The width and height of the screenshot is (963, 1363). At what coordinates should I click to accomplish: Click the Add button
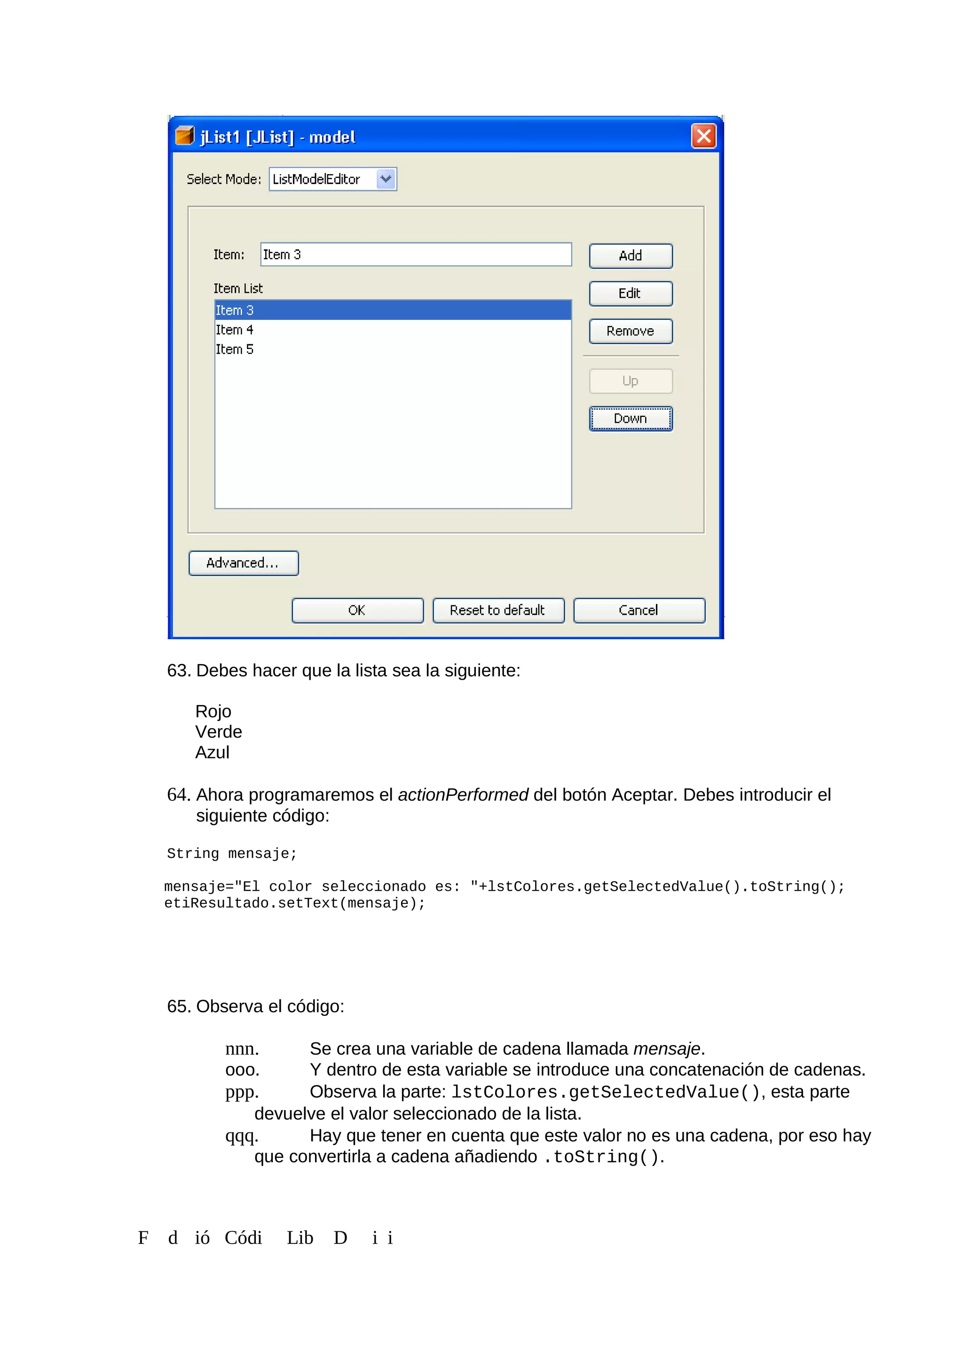pyautogui.click(x=630, y=256)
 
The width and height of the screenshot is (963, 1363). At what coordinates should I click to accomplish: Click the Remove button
pyautogui.click(x=630, y=331)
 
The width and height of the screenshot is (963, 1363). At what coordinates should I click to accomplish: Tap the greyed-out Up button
pyautogui.click(x=630, y=381)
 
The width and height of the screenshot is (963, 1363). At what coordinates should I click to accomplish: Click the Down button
pyautogui.click(x=630, y=419)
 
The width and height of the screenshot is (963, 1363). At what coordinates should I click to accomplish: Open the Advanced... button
pyautogui.click(x=243, y=563)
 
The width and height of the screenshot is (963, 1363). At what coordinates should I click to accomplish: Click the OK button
pyautogui.click(x=357, y=610)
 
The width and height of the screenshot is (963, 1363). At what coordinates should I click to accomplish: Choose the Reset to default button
pyautogui.click(x=498, y=610)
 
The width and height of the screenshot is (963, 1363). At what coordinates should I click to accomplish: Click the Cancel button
pyautogui.click(x=639, y=610)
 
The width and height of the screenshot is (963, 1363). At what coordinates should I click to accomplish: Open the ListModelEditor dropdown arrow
pyautogui.click(x=386, y=179)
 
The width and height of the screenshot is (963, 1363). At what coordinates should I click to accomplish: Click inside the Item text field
pyautogui.click(x=415, y=254)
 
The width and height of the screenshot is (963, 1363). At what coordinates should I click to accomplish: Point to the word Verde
pyautogui.click(x=218, y=732)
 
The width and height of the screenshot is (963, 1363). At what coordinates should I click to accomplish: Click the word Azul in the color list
pyautogui.click(x=213, y=753)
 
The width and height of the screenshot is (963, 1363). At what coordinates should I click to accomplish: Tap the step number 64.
pyautogui.click(x=178, y=795)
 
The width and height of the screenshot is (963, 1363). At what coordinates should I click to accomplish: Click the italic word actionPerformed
pyautogui.click(x=463, y=795)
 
